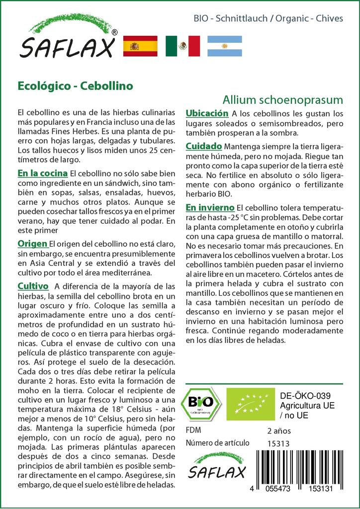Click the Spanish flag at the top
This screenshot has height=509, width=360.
pos(140,46)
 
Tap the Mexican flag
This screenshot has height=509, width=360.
pos(182,46)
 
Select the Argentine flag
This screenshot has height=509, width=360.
pos(225,46)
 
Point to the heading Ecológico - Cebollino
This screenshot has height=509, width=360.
pos(75,85)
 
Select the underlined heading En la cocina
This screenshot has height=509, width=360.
pos(42,173)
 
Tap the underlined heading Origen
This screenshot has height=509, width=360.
pos(32,244)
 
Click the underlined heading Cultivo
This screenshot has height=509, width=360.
pos(33,286)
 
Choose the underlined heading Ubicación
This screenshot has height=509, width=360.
pos(207,114)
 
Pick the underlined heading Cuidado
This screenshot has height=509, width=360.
pos(204,147)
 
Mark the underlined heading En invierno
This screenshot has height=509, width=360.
pos(210,207)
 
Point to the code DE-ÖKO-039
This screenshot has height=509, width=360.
pos(302,396)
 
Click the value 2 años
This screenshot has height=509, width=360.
pos(278,430)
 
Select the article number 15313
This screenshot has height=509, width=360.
pos(278,443)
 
